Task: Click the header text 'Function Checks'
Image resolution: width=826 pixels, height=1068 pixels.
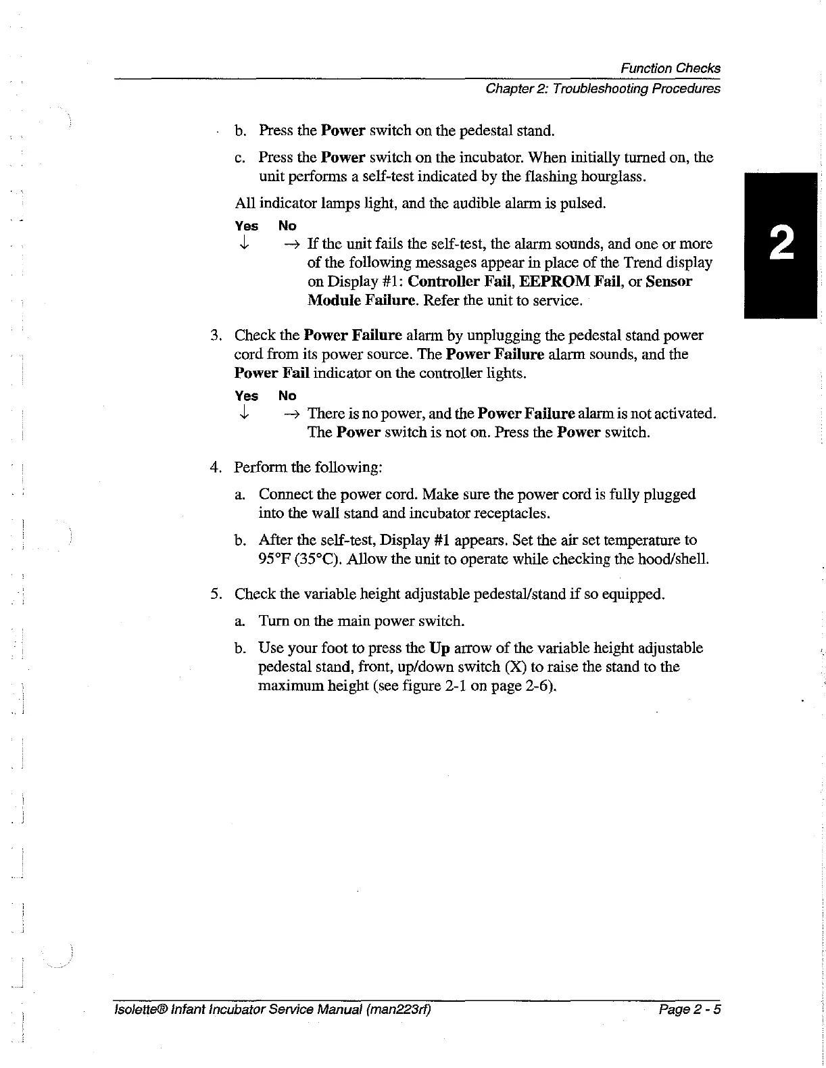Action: click(670, 68)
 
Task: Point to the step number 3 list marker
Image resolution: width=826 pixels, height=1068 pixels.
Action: click(215, 336)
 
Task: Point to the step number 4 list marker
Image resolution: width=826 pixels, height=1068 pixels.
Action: click(215, 468)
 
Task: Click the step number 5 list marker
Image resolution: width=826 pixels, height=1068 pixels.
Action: click(215, 595)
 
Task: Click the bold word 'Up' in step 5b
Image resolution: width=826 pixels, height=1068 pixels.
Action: click(440, 648)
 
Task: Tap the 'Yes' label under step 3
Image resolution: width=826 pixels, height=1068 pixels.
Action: click(246, 396)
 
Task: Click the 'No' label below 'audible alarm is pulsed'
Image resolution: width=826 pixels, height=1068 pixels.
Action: click(287, 226)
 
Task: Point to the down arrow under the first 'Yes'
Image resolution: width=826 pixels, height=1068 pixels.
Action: click(245, 244)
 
